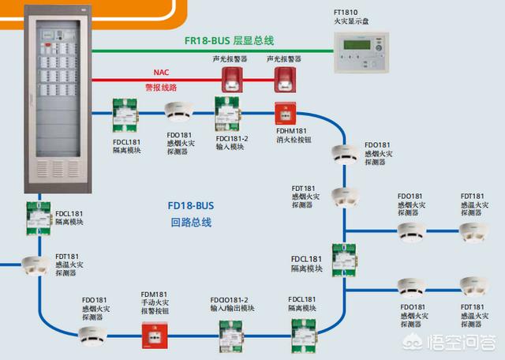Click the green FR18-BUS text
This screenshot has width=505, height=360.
[x=207, y=41]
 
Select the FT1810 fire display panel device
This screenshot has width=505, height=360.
[x=361, y=52]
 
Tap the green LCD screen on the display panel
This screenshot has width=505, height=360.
[x=357, y=44]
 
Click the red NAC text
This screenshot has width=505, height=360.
[x=161, y=72]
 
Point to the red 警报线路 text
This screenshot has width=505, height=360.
[x=161, y=88]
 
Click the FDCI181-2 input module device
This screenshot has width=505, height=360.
[x=228, y=114]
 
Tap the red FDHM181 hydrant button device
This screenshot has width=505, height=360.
[x=286, y=114]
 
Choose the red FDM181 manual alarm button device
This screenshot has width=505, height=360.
[x=155, y=336]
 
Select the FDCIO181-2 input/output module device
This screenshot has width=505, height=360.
[x=231, y=336]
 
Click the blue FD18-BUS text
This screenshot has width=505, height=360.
[x=191, y=205]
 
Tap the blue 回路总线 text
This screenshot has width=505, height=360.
[x=191, y=223]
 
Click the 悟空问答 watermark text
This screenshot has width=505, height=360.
[x=462, y=343]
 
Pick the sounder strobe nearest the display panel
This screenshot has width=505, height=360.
[x=285, y=80]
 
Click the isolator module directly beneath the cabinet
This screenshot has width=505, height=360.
[x=39, y=218]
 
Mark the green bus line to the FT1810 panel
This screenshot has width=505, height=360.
[x=212, y=51]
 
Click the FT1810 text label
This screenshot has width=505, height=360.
[x=346, y=13]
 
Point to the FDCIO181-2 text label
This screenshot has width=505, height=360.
[x=229, y=300]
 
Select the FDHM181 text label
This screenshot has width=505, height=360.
[x=291, y=131]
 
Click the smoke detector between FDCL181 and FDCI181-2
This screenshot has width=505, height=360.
[x=179, y=112]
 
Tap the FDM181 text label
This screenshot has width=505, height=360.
[x=154, y=294]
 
